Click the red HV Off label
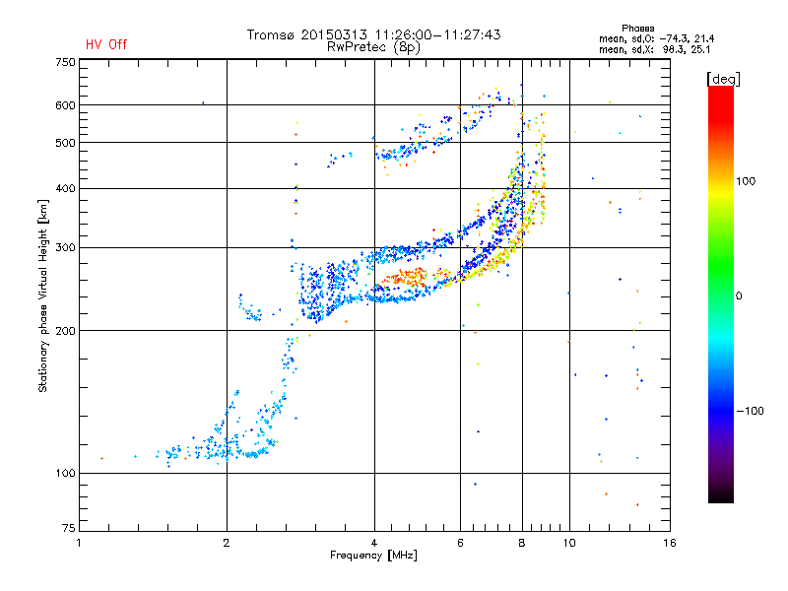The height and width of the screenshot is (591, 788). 106,44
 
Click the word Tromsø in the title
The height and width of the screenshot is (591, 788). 271,34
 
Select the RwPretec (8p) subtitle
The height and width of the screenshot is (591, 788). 373,47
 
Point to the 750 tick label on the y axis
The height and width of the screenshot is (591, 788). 65,62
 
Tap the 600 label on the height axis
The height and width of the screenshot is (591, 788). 65,105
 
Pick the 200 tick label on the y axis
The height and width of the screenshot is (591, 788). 65,331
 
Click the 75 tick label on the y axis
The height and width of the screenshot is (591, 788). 68,528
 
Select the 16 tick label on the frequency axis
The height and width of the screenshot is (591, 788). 669,543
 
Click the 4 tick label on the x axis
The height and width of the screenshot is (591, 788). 374,543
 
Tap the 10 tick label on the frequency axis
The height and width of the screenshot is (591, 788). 569,543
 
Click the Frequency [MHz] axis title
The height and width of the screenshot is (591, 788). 373,556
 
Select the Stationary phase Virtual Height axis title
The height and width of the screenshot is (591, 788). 43,295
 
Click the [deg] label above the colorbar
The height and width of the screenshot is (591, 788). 723,79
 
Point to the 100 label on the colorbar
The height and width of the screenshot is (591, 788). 746,181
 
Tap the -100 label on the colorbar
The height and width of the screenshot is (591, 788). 750,411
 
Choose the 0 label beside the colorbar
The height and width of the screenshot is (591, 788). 739,296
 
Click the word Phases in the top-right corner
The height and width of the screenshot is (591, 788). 637,29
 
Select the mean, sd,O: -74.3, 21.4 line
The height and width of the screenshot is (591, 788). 656,38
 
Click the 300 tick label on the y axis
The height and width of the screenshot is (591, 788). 65,248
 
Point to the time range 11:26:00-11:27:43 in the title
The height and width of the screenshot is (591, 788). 437,34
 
